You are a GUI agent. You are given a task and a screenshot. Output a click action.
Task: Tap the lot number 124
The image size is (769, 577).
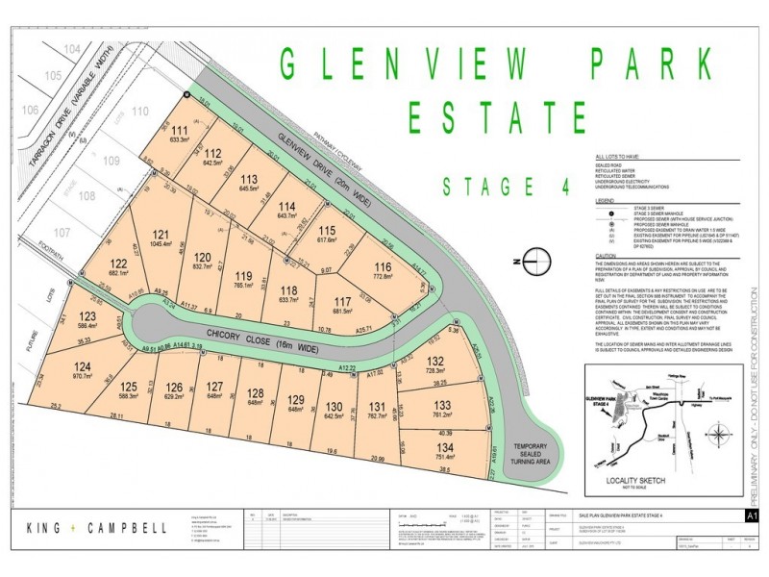(83, 366)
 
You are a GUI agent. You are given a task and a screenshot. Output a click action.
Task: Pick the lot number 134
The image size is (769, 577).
(443, 445)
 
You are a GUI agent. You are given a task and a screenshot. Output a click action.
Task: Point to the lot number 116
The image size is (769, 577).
(384, 240)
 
